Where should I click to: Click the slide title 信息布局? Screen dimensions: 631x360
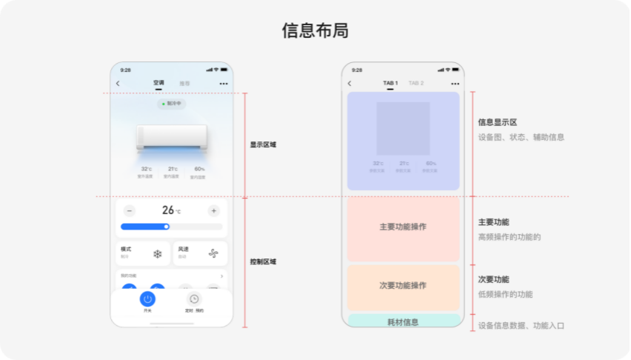click(x=315, y=30)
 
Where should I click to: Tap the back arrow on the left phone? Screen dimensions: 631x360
click(x=118, y=84)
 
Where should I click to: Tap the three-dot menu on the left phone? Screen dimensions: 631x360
click(x=223, y=84)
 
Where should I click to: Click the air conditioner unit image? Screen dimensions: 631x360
click(x=172, y=137)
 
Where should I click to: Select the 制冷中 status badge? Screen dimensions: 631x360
click(x=172, y=104)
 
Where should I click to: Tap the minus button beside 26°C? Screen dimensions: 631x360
click(x=130, y=210)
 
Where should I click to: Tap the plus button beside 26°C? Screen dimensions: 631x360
click(x=214, y=210)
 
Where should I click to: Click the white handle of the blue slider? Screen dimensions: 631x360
click(x=167, y=227)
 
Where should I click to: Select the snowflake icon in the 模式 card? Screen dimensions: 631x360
click(x=157, y=253)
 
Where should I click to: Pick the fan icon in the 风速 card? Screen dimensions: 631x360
click(x=214, y=253)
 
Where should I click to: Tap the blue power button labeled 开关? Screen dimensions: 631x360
click(x=147, y=299)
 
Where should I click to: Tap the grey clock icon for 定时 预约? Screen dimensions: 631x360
click(x=194, y=299)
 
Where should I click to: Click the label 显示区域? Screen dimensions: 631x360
click(x=263, y=144)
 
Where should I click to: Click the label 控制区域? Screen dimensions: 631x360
click(x=263, y=261)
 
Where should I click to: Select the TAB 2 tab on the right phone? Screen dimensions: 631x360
click(x=416, y=83)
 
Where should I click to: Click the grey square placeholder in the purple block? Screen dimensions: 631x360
click(x=403, y=128)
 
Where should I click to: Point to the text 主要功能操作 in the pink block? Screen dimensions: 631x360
click(x=403, y=227)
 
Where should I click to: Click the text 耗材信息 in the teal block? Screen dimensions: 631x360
click(x=403, y=322)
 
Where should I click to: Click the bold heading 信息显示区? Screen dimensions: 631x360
click(x=498, y=122)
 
